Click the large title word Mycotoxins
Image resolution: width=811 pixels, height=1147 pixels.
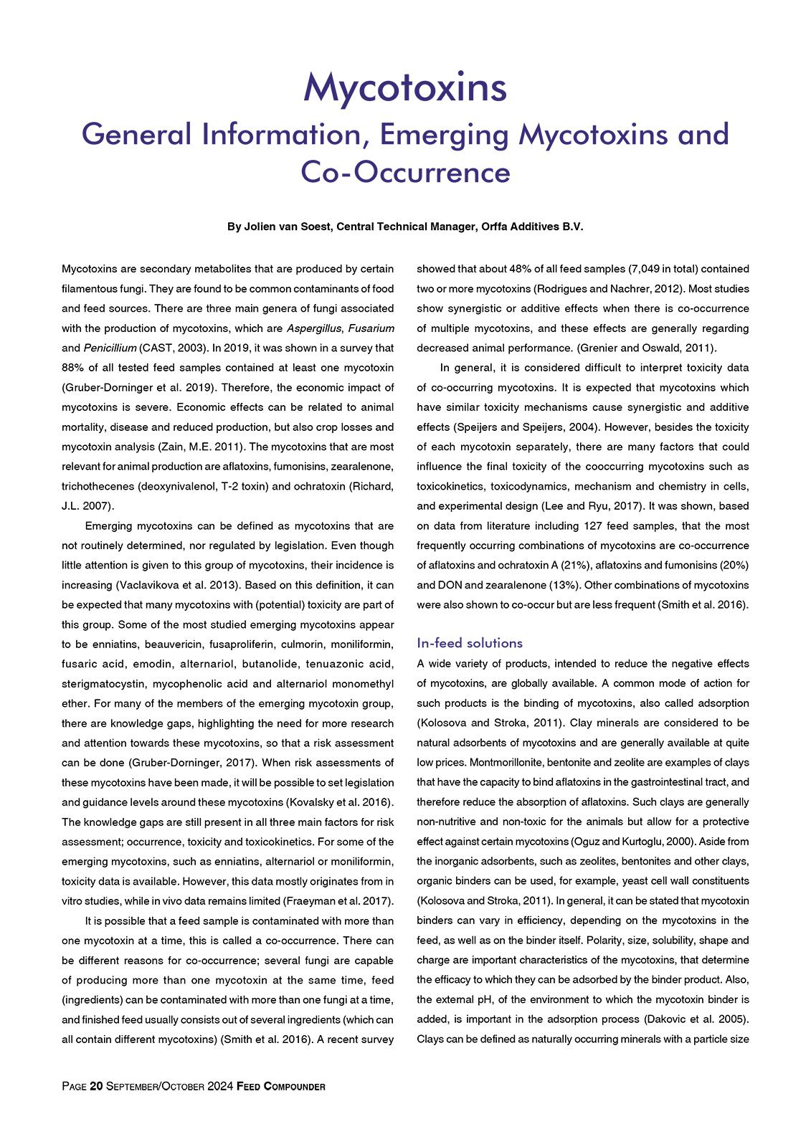pos(405,87)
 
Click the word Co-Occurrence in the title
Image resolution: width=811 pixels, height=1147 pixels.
pos(405,173)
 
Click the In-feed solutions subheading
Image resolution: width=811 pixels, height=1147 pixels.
pos(470,642)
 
